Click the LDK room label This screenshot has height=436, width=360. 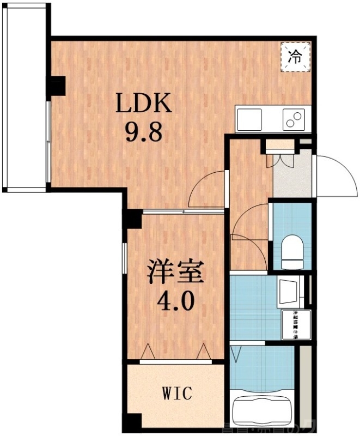(144, 102)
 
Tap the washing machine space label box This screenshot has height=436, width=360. (296, 325)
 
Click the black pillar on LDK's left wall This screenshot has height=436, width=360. (57, 84)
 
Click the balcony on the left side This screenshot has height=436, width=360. (25, 98)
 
